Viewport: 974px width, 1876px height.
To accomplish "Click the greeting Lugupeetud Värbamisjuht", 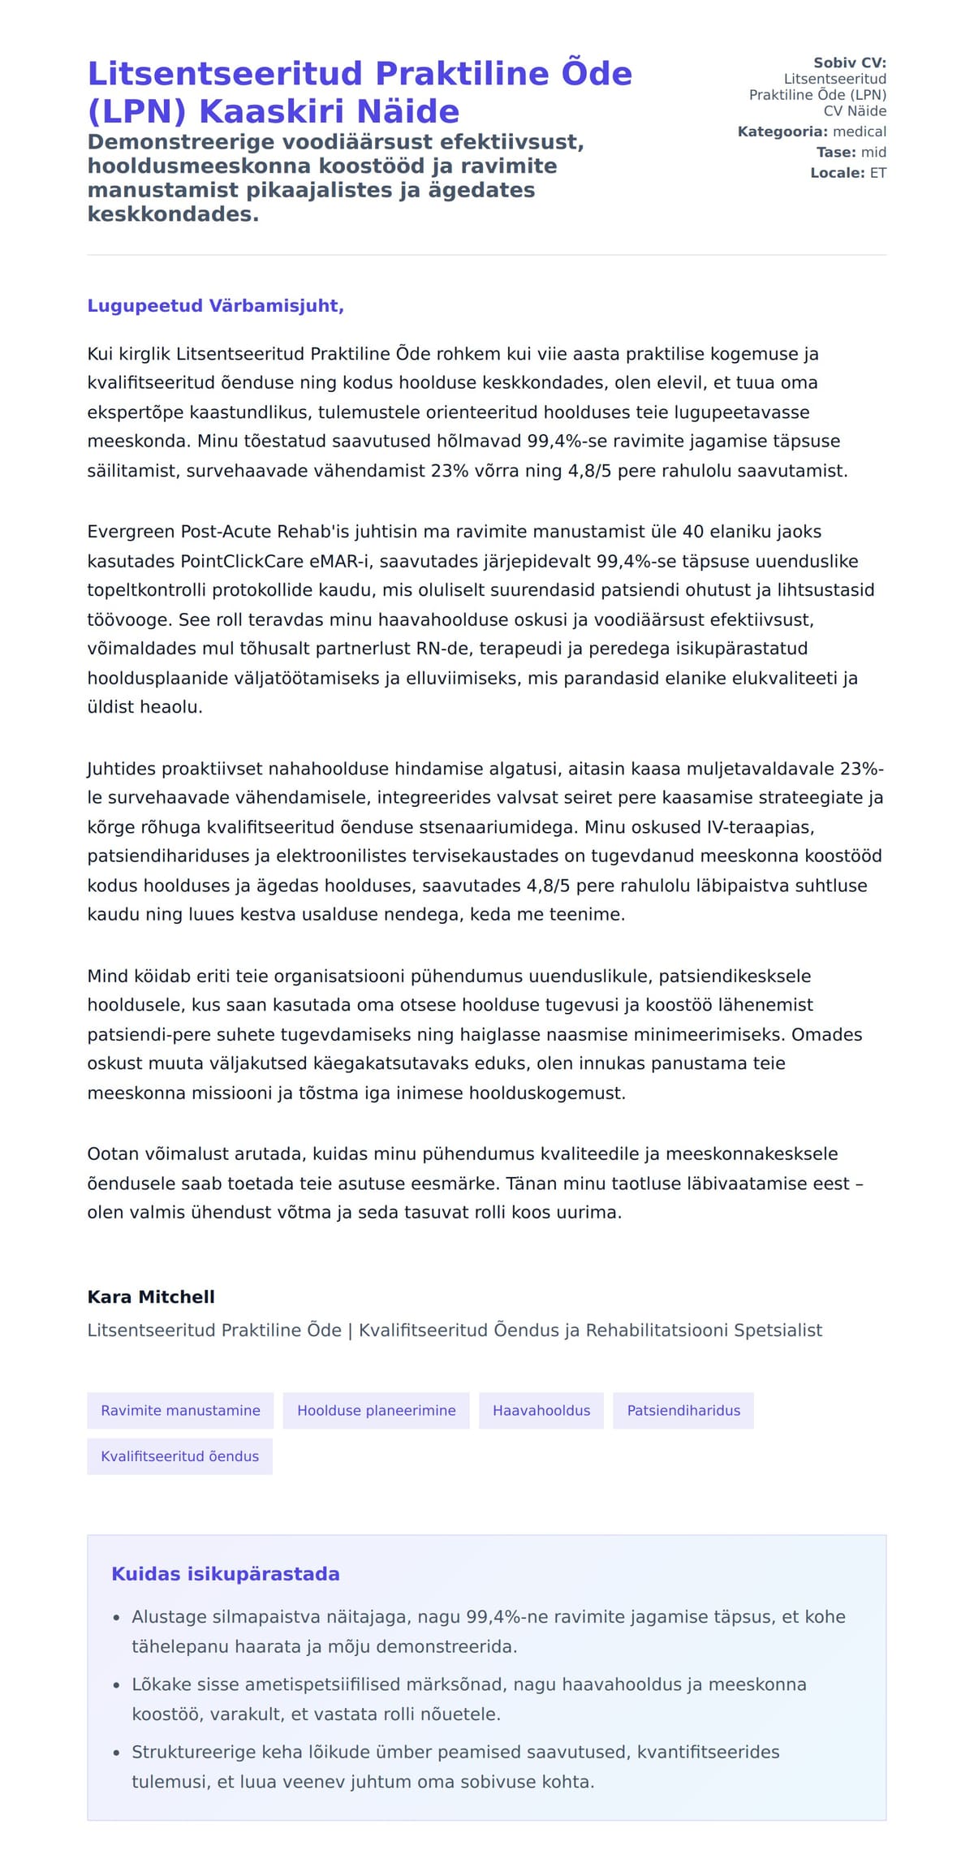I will pos(215,306).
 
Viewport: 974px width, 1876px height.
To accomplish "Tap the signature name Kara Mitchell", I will pos(151,1296).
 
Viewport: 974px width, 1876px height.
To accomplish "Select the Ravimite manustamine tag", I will pos(180,1410).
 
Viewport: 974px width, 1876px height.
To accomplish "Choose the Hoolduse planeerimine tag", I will pos(376,1410).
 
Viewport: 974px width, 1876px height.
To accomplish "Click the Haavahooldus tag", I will pos(541,1410).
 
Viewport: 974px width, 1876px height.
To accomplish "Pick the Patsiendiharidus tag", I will pos(683,1410).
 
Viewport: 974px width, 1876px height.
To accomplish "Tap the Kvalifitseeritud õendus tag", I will pos(179,1456).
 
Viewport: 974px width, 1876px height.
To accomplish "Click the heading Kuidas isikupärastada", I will pos(225,1574).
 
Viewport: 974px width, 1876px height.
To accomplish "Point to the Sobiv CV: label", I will pos(849,63).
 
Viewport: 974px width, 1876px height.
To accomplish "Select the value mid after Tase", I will pos(873,152).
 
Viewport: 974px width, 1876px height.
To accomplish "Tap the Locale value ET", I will pos(877,173).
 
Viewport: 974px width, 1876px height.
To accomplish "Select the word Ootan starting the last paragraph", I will pos(113,1154).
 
